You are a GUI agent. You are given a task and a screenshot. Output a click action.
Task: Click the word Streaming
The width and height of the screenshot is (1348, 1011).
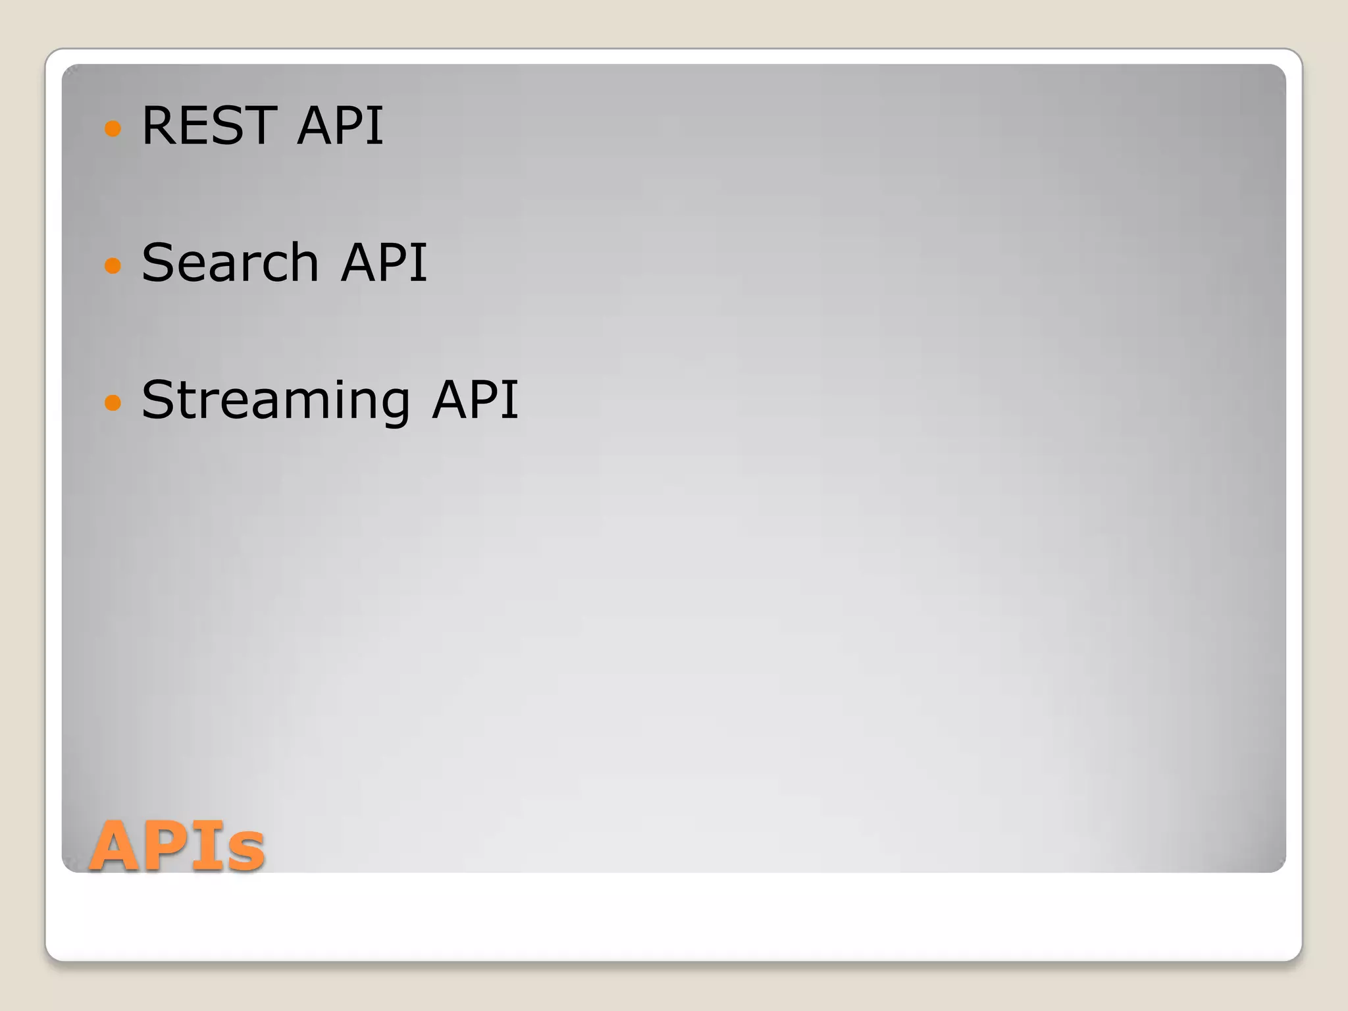(276, 400)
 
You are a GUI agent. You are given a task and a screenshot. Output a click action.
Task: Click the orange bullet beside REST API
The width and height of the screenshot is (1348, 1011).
(113, 128)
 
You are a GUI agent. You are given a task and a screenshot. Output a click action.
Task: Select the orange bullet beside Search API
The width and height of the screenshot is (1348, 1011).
(113, 265)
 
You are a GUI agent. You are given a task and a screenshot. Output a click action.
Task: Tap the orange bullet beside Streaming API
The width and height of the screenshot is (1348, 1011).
(113, 402)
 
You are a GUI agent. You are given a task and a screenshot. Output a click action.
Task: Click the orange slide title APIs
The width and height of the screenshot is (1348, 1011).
(178, 845)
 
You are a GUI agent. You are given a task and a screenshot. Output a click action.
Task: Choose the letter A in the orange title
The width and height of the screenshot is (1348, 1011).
(117, 845)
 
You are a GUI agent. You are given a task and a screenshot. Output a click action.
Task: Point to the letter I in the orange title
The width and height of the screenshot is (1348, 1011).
(209, 845)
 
